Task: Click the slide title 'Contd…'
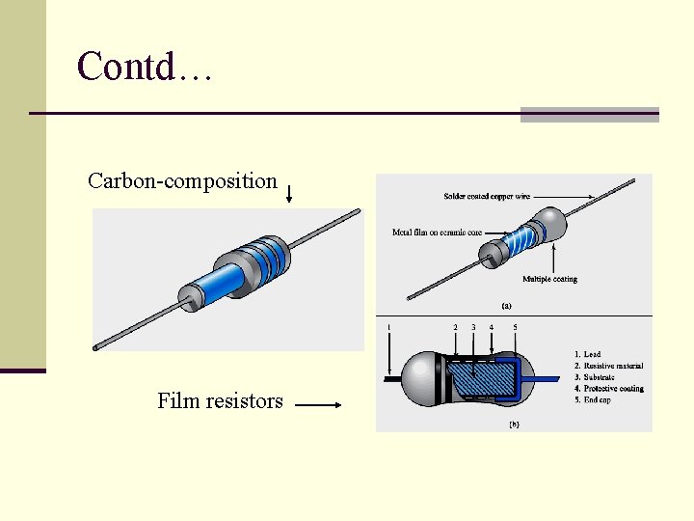144,67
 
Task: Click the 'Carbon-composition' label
182,180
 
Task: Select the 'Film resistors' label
220,400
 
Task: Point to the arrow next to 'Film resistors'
318,406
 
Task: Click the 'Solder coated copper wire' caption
486,197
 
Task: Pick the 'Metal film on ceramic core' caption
437,233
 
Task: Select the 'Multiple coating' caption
549,279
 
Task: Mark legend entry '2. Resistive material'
613,367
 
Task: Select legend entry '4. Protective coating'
613,389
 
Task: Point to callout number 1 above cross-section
388,327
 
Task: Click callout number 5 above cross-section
515,327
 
